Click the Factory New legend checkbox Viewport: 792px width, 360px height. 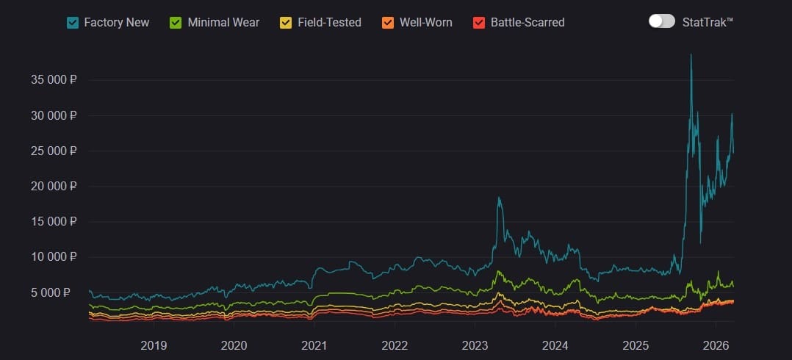click(x=73, y=23)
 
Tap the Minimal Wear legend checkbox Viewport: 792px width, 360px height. click(x=176, y=23)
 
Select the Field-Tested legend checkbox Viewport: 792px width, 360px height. click(x=286, y=23)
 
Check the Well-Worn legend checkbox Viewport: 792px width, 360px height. click(x=388, y=23)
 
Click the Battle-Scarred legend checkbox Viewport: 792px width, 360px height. click(x=479, y=23)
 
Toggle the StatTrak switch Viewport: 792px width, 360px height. click(x=661, y=21)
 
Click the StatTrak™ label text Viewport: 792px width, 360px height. click(x=708, y=22)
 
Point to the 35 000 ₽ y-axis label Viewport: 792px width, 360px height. click(x=54, y=80)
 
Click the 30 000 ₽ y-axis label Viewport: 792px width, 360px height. click(x=54, y=115)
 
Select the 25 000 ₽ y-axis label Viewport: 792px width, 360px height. click(x=54, y=151)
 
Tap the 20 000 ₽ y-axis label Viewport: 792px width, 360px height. click(x=54, y=186)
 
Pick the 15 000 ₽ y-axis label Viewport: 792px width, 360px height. click(x=54, y=221)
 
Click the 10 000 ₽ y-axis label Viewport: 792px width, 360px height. click(x=54, y=256)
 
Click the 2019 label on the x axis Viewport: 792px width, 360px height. click(x=154, y=345)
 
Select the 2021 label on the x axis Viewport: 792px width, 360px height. click(x=314, y=345)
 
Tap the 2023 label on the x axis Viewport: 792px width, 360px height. click(x=475, y=345)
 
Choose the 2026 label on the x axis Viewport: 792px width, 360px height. click(x=716, y=345)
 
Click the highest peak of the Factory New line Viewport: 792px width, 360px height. click(x=691, y=54)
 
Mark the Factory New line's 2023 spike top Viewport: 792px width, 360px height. click(x=499, y=197)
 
